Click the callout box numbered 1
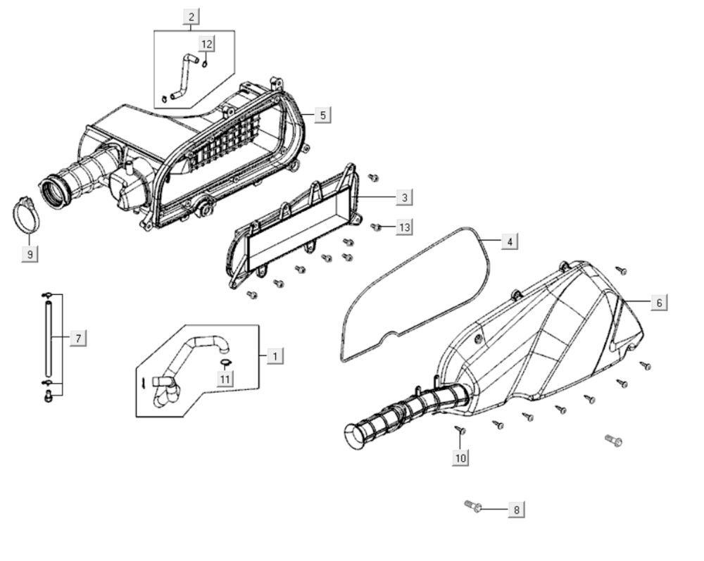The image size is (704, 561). (x=275, y=355)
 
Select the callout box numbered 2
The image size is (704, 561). (x=191, y=16)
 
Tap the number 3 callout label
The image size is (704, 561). (x=404, y=197)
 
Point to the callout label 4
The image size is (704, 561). (x=510, y=241)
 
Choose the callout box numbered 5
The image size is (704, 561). (x=322, y=115)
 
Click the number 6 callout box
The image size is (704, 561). (x=659, y=302)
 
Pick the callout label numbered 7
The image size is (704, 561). (x=77, y=339)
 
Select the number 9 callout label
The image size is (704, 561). (x=30, y=253)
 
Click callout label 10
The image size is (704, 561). (x=460, y=458)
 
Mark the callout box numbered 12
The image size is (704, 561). (x=206, y=44)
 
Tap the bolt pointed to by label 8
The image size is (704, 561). (x=472, y=505)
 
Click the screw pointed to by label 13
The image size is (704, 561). (x=377, y=227)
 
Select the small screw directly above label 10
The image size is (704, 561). (x=460, y=429)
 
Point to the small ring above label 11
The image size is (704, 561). (x=225, y=363)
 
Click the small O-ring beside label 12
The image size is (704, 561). (x=204, y=63)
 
